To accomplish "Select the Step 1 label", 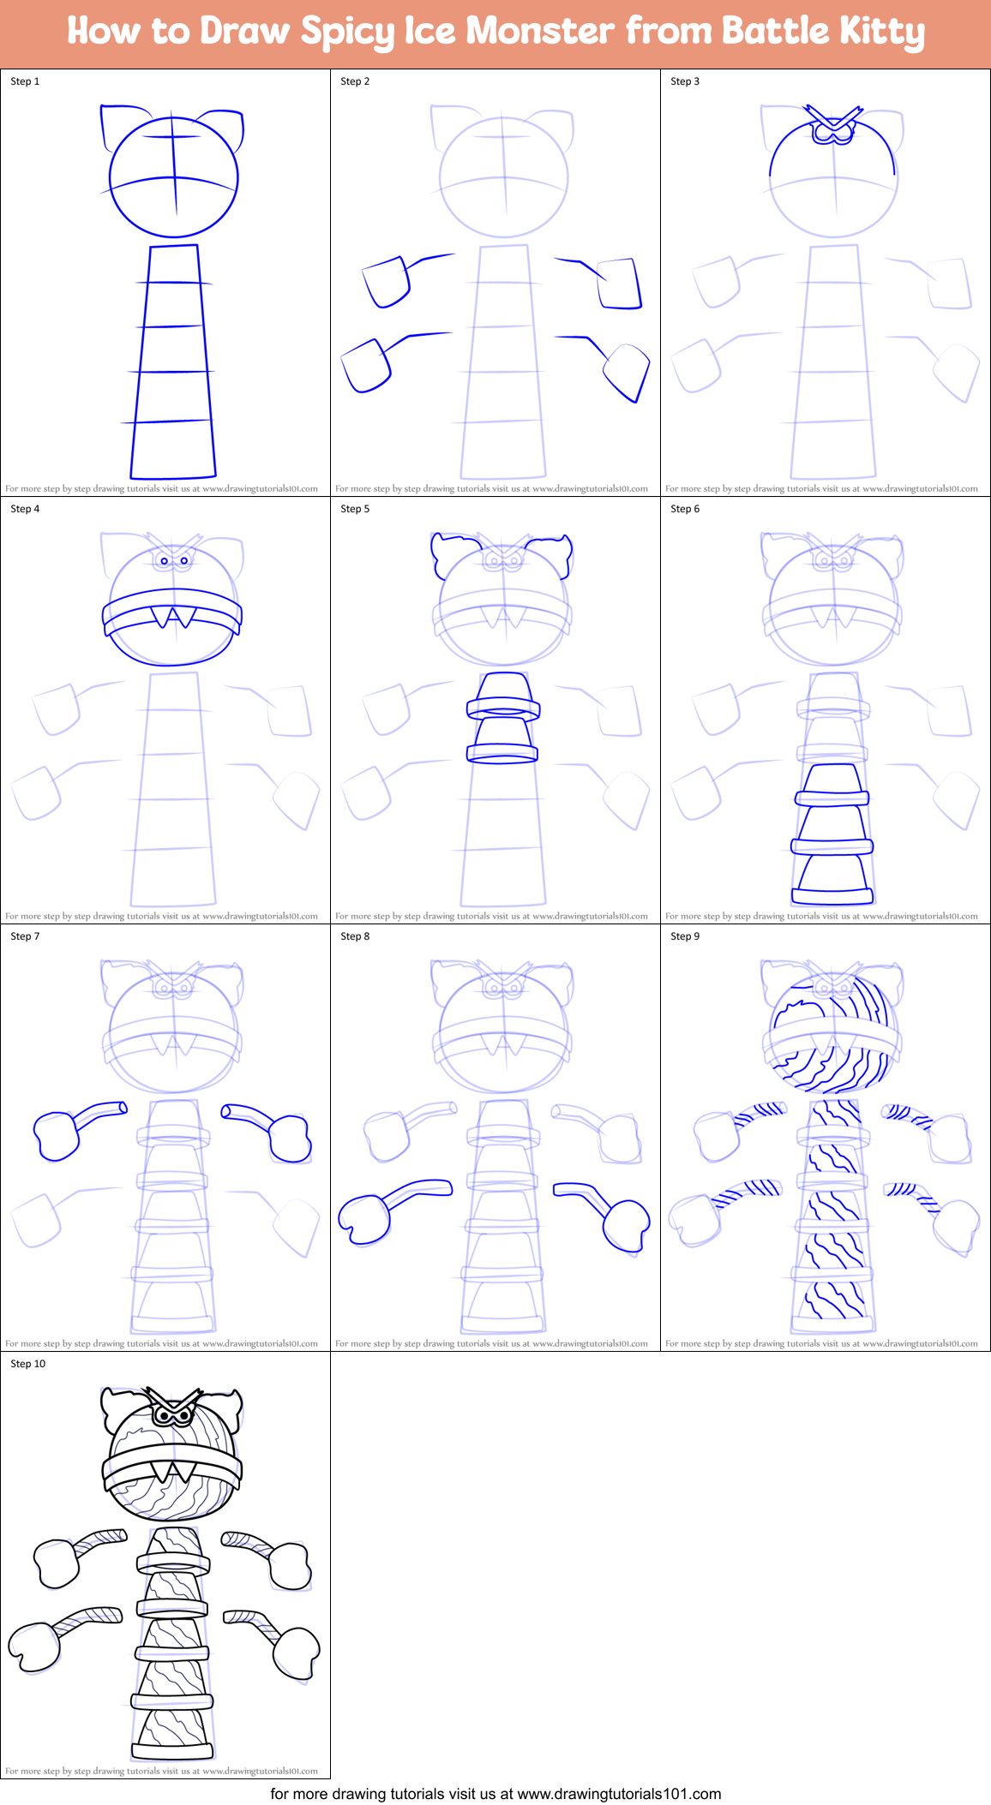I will [x=25, y=81].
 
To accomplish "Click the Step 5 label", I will [x=355, y=509].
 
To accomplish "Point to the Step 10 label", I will [x=28, y=1364].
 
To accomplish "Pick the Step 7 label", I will [x=25, y=936].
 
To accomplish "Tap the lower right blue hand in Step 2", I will [x=627, y=372].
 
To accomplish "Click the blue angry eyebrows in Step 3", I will [x=833, y=117].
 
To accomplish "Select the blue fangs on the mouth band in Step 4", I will [x=173, y=616].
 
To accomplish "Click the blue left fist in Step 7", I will [x=57, y=1136].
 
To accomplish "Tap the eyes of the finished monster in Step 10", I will [x=174, y=1416].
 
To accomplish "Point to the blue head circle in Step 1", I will [x=174, y=177].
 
